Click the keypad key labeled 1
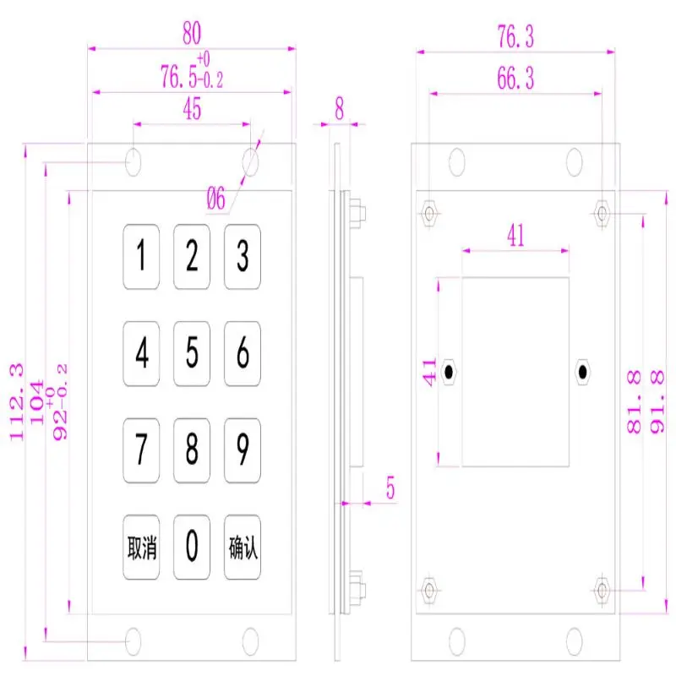coord(142,256)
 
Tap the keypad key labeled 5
coord(192,353)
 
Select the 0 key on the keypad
coord(192,548)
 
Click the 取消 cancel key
coord(142,548)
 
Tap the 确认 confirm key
coord(243,548)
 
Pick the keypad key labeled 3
coord(243,256)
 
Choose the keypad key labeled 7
coord(142,450)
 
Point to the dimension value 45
coord(192,111)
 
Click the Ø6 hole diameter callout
coord(216,200)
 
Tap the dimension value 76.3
coord(515,36)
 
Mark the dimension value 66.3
coord(515,79)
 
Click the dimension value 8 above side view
coord(340,107)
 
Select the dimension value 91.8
coord(657,401)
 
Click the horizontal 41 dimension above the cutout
coord(515,236)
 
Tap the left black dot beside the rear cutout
coord(449,372)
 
